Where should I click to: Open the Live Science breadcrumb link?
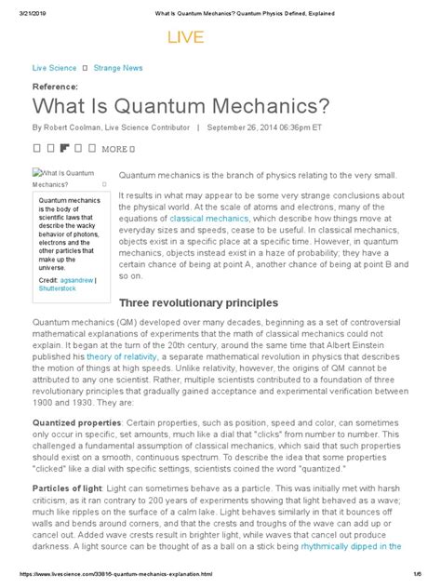(54, 69)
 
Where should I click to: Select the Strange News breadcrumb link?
(125, 69)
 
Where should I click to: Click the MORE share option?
(114, 149)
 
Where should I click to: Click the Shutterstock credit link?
(60, 263)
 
